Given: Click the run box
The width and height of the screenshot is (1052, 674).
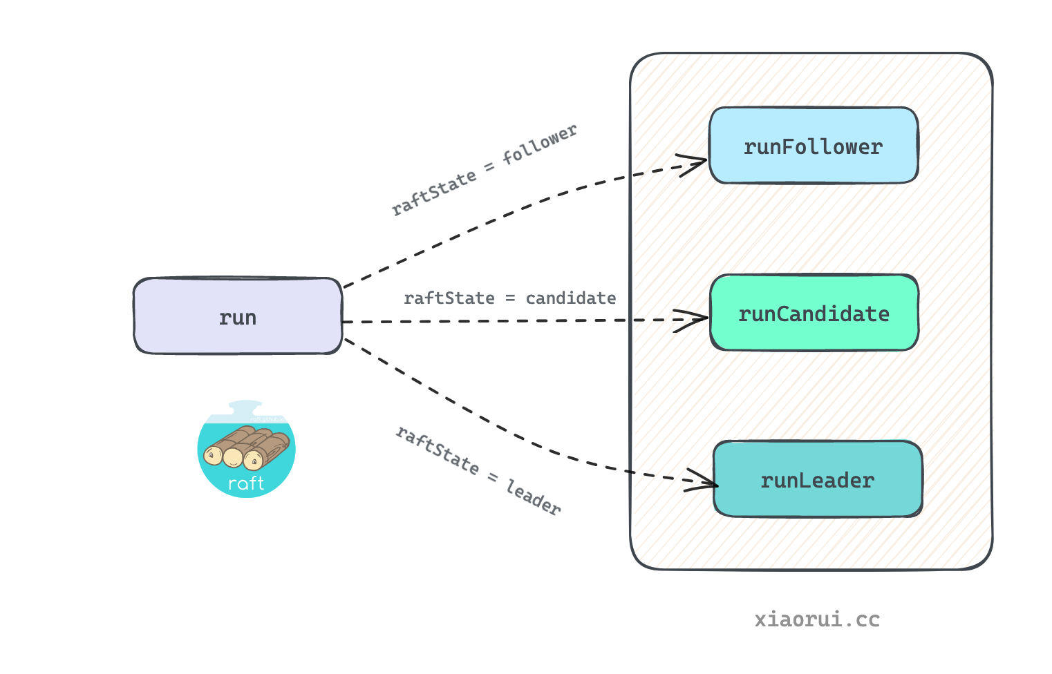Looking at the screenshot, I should (x=238, y=316).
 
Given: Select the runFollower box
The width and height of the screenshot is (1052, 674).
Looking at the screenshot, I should (x=814, y=146).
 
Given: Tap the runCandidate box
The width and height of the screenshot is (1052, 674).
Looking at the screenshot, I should (x=814, y=313).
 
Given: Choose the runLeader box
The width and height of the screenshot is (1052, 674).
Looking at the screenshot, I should (x=818, y=479).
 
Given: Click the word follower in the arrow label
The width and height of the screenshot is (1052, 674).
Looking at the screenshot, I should (x=539, y=144).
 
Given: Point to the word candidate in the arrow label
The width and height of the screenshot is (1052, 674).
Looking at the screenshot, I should (x=570, y=298).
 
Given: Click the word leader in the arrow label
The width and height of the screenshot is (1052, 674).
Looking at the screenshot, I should (x=533, y=497).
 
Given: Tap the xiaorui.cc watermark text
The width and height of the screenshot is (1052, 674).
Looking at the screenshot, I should (x=817, y=619).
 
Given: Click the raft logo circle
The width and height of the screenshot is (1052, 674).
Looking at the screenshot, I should (x=246, y=449).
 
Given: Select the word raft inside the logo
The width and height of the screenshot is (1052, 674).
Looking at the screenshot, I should (x=246, y=483).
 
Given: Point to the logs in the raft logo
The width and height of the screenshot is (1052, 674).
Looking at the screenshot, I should (x=247, y=447).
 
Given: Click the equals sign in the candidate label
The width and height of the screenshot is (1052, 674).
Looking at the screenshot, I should (x=510, y=298).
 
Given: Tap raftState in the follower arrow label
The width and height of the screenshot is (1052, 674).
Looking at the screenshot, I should (x=433, y=193).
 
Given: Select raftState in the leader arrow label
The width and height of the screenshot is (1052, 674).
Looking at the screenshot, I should (x=437, y=451).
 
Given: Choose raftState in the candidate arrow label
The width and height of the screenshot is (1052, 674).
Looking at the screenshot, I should (x=449, y=298).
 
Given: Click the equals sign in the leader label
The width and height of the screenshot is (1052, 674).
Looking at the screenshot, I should (x=492, y=477).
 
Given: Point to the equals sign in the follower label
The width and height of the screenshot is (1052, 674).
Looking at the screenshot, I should (x=489, y=166).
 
